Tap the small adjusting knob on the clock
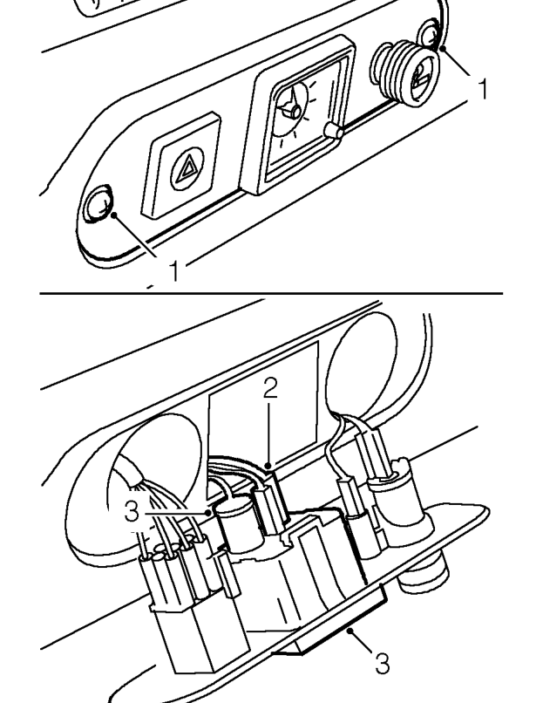click(x=333, y=131)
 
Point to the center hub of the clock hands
click(x=295, y=111)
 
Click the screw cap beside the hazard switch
click(x=98, y=203)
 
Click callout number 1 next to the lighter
click(x=483, y=88)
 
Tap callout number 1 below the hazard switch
click(x=174, y=270)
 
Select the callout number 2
click(x=270, y=388)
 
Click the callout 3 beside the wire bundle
click(x=132, y=511)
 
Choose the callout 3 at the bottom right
click(x=382, y=664)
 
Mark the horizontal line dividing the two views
click(x=272, y=293)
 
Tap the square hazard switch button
click(x=181, y=165)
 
